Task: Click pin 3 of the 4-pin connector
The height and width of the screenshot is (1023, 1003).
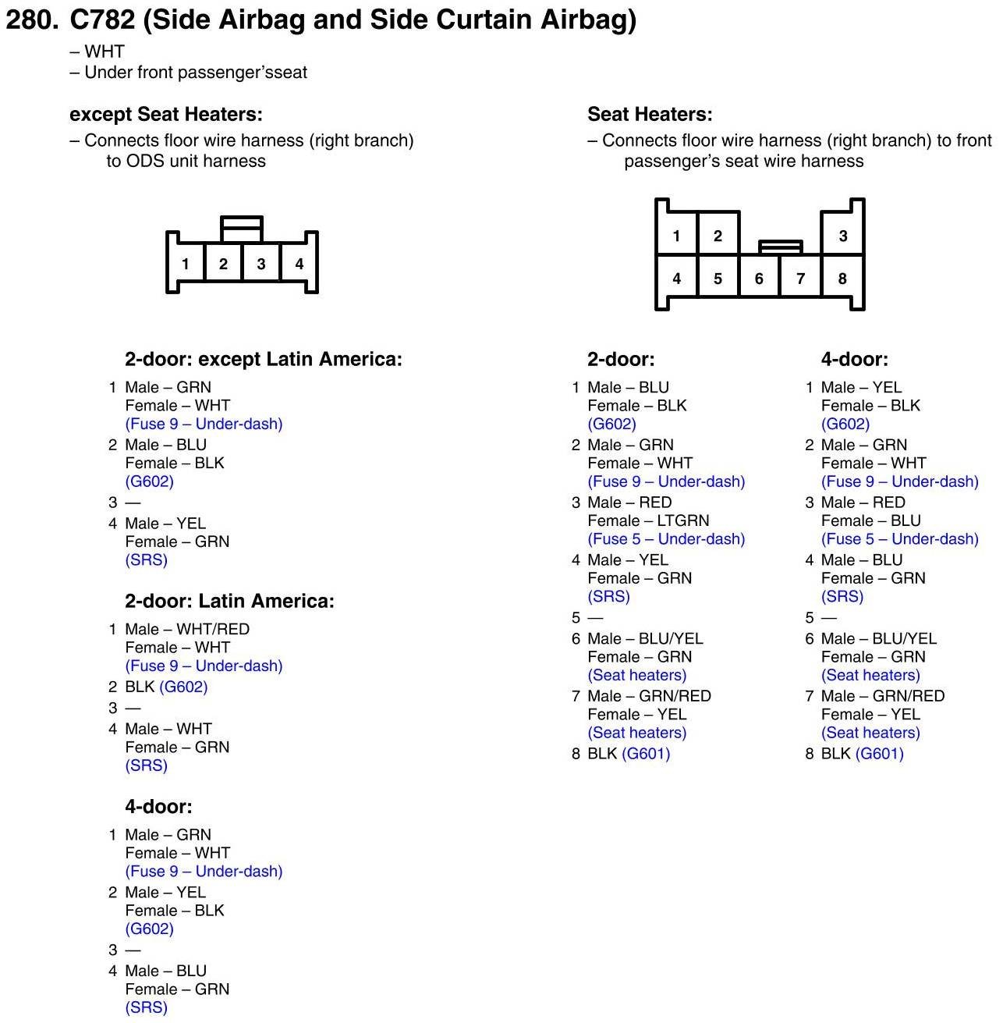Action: tap(261, 264)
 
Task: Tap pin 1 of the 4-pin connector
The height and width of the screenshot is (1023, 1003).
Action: tap(185, 264)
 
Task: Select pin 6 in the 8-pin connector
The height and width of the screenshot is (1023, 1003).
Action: tap(759, 279)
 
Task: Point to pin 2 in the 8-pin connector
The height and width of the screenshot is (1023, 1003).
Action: tap(718, 236)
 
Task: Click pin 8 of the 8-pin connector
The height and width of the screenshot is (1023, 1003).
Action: tap(842, 279)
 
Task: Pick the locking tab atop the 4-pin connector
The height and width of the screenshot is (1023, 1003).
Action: tap(242, 229)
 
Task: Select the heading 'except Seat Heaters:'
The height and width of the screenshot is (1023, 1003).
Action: tap(166, 115)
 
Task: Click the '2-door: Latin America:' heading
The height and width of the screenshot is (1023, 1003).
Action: tap(229, 601)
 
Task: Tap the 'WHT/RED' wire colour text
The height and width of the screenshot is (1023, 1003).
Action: tap(213, 629)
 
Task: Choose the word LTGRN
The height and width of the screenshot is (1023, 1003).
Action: tap(683, 520)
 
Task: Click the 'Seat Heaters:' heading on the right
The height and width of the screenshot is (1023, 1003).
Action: tap(650, 115)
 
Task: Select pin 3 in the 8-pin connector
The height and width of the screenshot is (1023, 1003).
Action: tap(842, 236)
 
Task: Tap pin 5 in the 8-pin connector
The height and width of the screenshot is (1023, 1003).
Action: tap(718, 279)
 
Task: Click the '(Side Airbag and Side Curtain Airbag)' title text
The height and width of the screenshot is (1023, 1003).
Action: tap(390, 20)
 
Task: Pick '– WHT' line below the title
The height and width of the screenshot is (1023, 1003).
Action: tap(97, 52)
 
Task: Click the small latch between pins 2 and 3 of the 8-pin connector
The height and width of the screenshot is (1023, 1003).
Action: tap(780, 247)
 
